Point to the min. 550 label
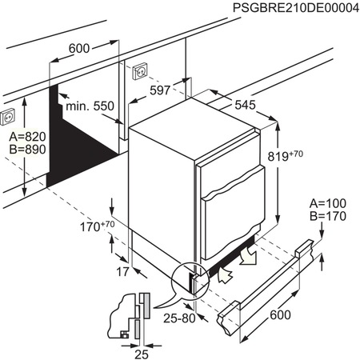pyautogui.click(x=90, y=106)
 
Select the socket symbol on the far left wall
pyautogui.click(x=10, y=114)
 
